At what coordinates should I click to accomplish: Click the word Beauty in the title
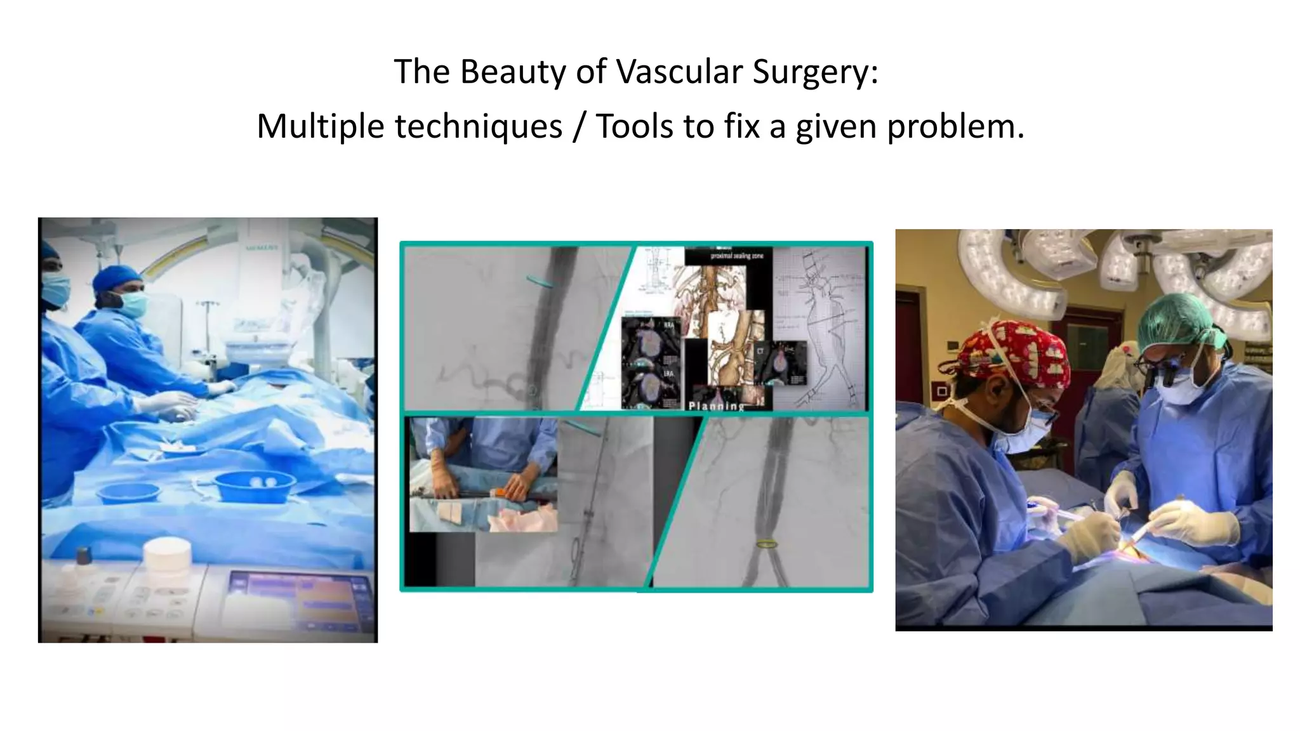[x=512, y=71]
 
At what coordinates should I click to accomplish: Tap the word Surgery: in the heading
[x=815, y=71]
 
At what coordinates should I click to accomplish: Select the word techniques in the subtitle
[x=478, y=126]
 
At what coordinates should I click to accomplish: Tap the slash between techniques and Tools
[x=578, y=126]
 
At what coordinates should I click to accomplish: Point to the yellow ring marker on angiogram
[x=767, y=544]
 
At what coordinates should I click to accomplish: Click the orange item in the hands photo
[x=499, y=491]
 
